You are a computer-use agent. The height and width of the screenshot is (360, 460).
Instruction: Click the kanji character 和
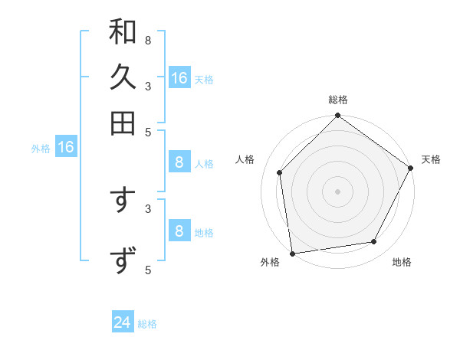(x=123, y=32)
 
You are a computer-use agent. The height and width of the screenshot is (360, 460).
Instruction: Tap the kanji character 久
(x=123, y=77)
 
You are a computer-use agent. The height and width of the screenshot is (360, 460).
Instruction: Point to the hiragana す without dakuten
(x=123, y=201)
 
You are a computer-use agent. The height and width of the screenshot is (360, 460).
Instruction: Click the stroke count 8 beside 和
(x=147, y=40)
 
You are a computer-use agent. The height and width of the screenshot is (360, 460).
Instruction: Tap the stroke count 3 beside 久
(x=147, y=86)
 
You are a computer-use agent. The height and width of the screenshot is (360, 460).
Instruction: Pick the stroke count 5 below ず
(x=147, y=269)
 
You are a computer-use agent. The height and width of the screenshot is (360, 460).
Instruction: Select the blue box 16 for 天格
(x=179, y=78)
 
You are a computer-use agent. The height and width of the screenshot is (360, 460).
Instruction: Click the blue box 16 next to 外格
(x=66, y=148)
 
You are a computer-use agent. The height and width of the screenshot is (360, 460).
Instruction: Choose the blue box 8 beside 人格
(x=179, y=162)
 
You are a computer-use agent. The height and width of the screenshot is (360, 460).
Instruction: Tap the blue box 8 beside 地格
(x=179, y=231)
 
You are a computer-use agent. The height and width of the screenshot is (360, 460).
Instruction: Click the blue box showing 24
(x=123, y=323)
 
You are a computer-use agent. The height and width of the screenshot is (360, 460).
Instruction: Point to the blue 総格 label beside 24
(x=147, y=324)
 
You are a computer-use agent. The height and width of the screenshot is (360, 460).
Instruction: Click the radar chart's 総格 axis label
(x=338, y=100)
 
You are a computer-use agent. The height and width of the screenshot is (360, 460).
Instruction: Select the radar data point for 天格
(x=410, y=168)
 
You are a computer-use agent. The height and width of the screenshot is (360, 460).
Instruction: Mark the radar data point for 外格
(x=292, y=253)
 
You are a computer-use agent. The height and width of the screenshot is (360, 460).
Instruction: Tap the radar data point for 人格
(x=280, y=172)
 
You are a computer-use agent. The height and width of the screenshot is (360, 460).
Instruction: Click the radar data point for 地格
(x=374, y=241)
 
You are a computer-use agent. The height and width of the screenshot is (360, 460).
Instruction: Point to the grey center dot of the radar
(x=338, y=191)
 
